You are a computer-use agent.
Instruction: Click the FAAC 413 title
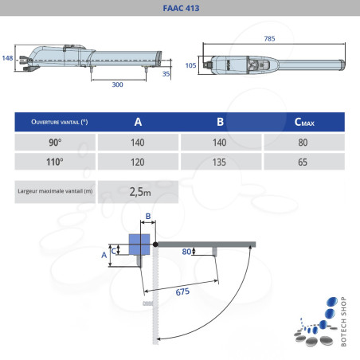pos(179,9)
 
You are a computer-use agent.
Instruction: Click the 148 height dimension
pos(7,58)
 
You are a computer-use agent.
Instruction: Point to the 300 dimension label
pos(117,84)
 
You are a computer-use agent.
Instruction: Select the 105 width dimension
pos(191,65)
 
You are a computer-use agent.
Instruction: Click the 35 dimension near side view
pos(166,73)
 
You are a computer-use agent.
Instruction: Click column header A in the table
pos(138,122)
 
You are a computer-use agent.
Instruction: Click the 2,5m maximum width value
pos(140,192)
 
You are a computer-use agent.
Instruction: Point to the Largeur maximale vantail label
pos(55,192)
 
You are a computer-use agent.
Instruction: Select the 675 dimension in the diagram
pos(182,293)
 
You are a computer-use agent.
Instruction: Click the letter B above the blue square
pos(147,216)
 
